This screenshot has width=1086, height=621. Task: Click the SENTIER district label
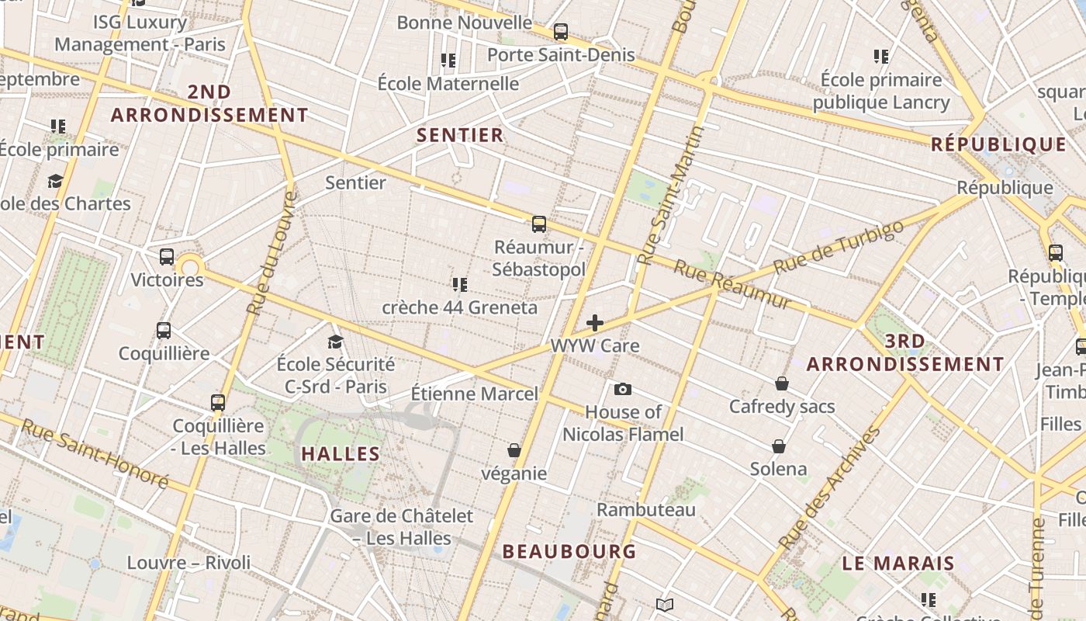click(460, 135)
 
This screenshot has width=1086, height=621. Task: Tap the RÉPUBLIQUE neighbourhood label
click(998, 144)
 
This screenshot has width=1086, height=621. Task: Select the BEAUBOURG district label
click(569, 552)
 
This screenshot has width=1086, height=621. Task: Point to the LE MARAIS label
click(898, 564)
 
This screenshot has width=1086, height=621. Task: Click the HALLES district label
click(341, 454)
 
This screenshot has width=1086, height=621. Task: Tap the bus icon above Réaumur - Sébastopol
click(539, 224)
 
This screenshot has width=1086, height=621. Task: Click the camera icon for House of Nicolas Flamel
click(622, 389)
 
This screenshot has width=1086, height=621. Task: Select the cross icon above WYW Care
click(595, 323)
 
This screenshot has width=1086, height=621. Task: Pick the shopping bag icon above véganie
click(514, 450)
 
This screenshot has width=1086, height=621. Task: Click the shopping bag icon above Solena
click(778, 446)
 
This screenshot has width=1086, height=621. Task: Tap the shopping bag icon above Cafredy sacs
click(781, 383)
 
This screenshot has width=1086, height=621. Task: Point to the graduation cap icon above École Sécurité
click(335, 342)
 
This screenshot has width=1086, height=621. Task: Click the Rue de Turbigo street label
click(839, 246)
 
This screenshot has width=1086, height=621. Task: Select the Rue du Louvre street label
click(270, 252)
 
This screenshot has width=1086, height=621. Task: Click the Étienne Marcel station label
click(474, 394)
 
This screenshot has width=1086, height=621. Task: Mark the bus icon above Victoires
click(167, 257)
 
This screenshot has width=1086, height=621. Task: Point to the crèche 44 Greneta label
click(459, 307)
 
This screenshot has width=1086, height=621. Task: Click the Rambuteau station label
click(646, 510)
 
